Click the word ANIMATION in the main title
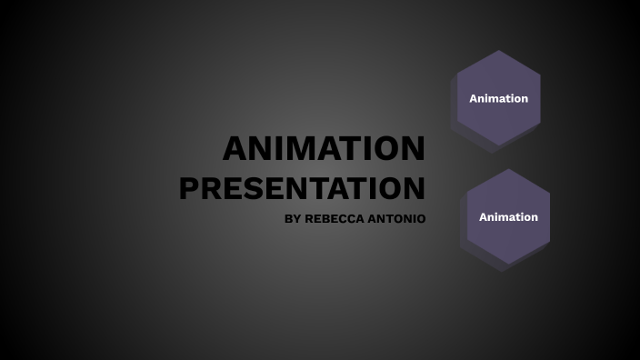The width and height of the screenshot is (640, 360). click(x=324, y=149)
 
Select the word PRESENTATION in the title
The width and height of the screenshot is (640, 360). click(x=302, y=188)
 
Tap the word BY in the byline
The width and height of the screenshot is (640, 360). click(x=292, y=219)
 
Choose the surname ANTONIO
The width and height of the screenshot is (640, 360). click(x=396, y=219)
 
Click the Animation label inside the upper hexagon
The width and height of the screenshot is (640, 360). click(x=498, y=98)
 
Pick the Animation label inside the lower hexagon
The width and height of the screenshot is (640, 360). click(x=508, y=217)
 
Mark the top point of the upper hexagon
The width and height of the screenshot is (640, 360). click(x=498, y=50)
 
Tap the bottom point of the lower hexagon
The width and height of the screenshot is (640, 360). click(x=508, y=265)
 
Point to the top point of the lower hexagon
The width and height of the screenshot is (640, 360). click(x=508, y=169)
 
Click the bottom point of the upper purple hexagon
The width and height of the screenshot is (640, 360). click(x=498, y=146)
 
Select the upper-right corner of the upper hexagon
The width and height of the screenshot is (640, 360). click(x=540, y=75)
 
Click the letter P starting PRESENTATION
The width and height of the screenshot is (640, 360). click(x=190, y=188)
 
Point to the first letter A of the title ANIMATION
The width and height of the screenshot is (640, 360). click(x=235, y=149)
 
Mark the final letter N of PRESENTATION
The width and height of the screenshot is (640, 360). click(x=414, y=188)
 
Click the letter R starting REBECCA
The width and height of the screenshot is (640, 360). click(x=309, y=219)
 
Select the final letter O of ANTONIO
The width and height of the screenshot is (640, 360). click(x=420, y=219)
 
